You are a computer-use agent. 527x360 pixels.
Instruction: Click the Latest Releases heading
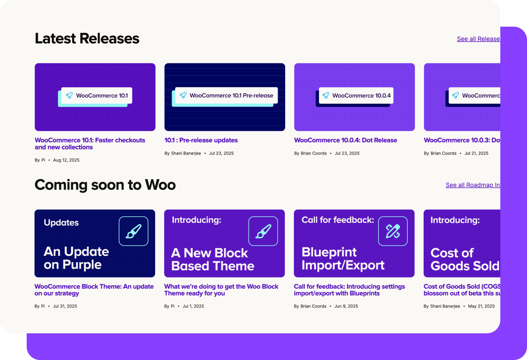(87, 38)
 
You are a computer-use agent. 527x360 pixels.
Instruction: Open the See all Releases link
(478, 39)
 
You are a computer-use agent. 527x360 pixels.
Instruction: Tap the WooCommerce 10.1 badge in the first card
(97, 95)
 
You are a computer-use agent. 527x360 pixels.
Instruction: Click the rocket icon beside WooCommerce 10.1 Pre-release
(183, 95)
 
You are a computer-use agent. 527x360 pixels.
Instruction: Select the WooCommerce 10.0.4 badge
(356, 95)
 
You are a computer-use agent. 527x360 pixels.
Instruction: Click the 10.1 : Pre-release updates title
(201, 140)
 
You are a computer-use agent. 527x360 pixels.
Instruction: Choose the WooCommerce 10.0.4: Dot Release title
(345, 140)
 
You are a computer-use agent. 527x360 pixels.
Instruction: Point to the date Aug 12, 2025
(66, 160)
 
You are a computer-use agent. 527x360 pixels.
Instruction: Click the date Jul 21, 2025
(477, 153)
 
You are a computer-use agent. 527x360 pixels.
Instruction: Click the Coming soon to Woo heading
(105, 185)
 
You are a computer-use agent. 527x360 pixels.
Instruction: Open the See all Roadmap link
(473, 185)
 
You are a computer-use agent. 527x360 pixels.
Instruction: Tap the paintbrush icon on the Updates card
(133, 231)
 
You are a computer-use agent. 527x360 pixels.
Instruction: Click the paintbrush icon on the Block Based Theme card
(263, 231)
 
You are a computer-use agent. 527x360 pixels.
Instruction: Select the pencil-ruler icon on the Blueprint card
(393, 231)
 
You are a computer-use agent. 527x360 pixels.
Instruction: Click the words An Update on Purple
(76, 258)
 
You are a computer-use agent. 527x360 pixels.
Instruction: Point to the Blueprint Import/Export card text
(343, 259)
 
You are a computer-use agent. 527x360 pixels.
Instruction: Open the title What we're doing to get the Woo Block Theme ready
(221, 290)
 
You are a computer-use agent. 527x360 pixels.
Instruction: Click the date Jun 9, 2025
(346, 306)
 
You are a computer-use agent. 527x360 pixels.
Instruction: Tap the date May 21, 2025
(481, 306)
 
